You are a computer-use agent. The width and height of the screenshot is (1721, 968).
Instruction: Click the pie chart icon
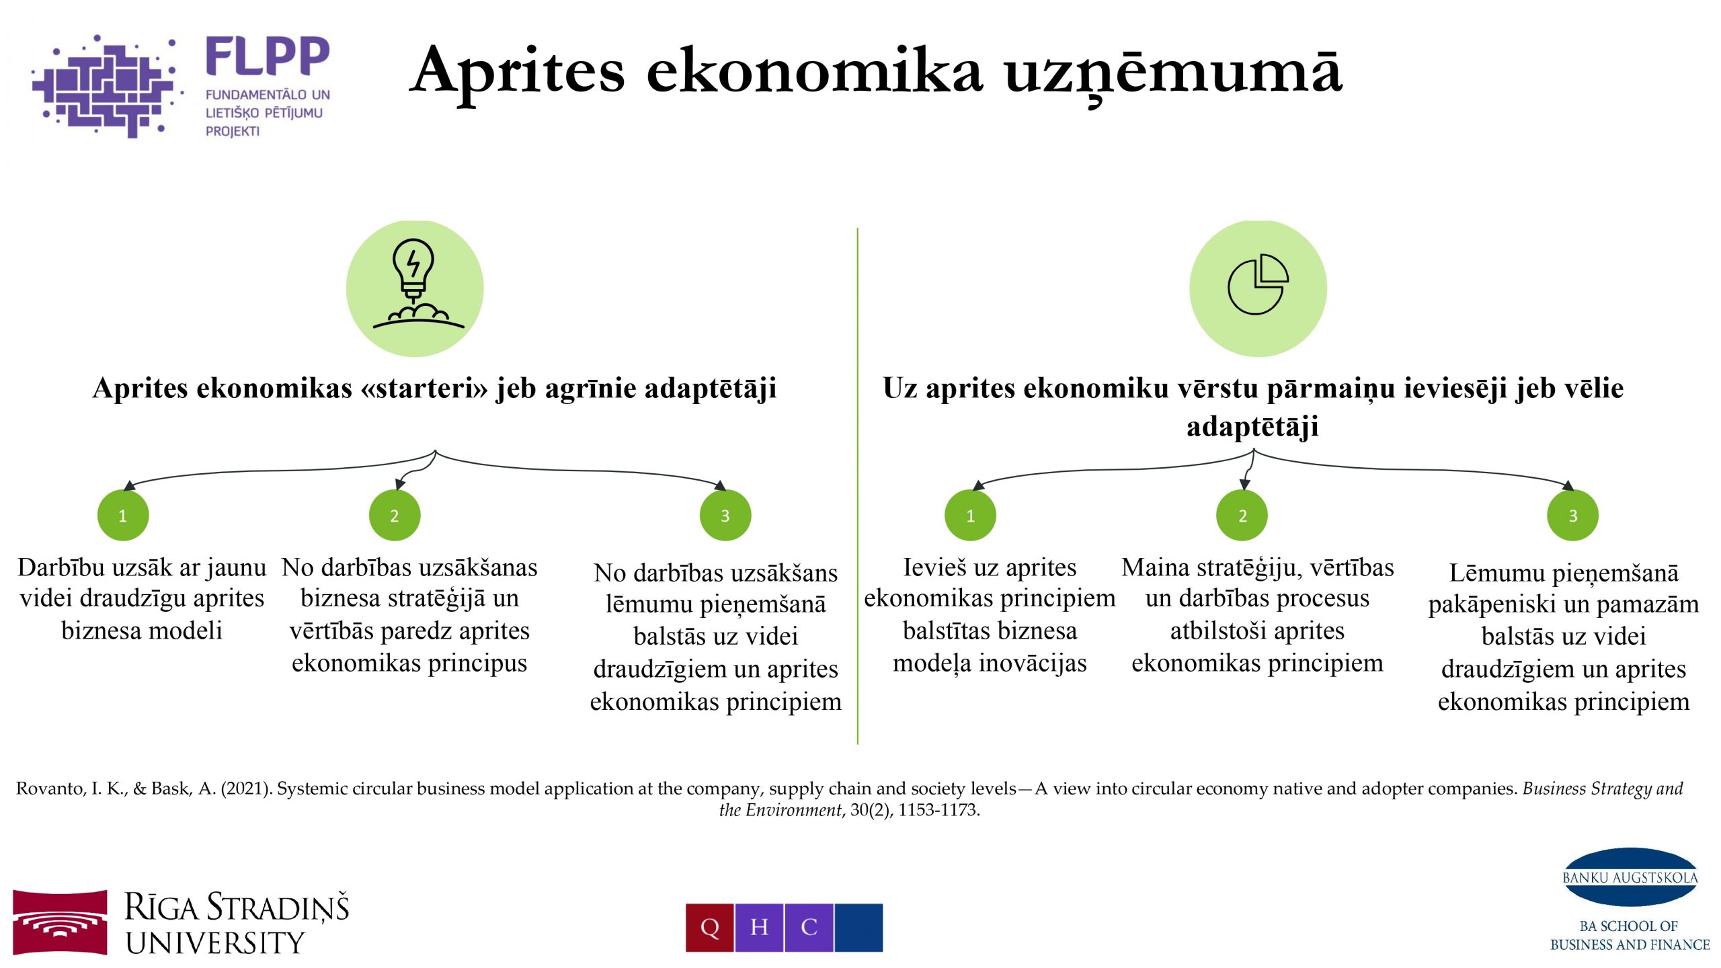[1258, 284]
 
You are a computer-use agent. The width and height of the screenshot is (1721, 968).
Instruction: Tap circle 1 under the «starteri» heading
[123, 516]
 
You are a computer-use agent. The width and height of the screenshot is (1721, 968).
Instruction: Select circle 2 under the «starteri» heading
[395, 516]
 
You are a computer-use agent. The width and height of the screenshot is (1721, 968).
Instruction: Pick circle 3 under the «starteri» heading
[725, 516]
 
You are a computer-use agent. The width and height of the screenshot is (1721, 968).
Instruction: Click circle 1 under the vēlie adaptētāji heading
[970, 516]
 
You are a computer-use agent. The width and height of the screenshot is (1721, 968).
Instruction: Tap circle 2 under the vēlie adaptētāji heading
[1242, 516]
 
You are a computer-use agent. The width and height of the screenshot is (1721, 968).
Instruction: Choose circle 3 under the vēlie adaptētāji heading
[1573, 516]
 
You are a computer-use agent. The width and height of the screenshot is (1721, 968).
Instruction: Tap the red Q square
[710, 928]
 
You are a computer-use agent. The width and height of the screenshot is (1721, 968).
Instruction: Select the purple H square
[760, 928]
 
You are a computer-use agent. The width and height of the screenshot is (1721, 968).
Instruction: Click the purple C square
[809, 928]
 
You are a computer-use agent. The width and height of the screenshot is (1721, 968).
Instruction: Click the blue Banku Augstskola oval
[1630, 877]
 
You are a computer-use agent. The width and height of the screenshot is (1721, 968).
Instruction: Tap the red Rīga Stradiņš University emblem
[60, 922]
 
